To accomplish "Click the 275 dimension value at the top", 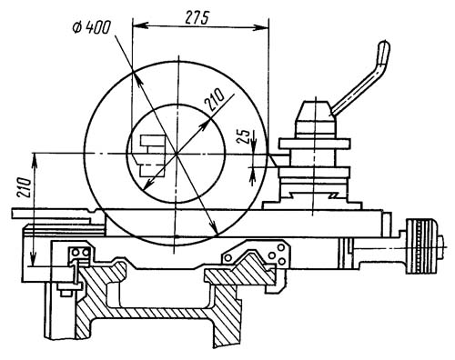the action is tap(197, 18).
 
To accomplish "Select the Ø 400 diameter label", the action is tap(91, 28).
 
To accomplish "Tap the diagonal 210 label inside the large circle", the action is tap(215, 99).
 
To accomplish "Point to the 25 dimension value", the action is tap(243, 136).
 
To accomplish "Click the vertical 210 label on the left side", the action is tap(25, 188).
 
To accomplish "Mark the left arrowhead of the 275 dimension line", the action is tap(140, 25).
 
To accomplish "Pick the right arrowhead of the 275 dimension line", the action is tap(261, 29).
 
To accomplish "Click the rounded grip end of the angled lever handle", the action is tap(383, 52).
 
